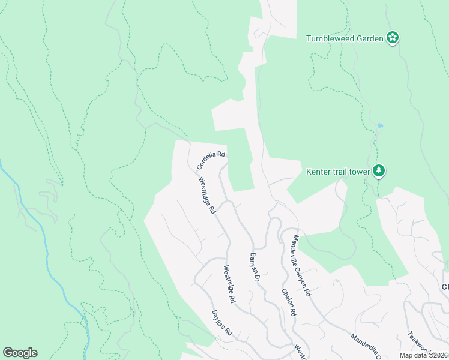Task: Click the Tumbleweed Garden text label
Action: click(x=345, y=38)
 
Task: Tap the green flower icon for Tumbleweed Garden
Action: click(x=393, y=38)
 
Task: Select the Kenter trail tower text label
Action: click(x=338, y=172)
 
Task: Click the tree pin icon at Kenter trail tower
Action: click(x=378, y=171)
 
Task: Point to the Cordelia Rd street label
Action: click(x=211, y=159)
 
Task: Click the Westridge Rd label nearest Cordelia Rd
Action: click(x=206, y=196)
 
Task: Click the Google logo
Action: click(x=20, y=353)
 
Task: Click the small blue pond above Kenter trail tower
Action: click(x=380, y=125)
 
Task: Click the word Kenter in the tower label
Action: click(x=318, y=172)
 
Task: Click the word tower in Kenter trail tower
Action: click(x=360, y=172)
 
